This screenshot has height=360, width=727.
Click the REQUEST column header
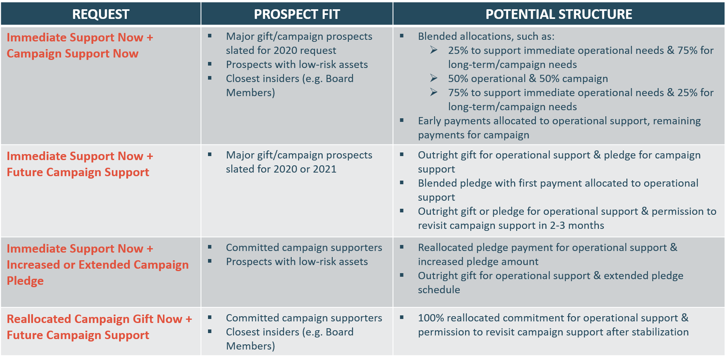[x=101, y=14]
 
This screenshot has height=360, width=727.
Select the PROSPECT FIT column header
[x=297, y=14]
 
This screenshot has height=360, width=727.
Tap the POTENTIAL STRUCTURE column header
[x=559, y=14]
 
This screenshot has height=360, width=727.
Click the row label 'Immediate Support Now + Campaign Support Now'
[x=80, y=45]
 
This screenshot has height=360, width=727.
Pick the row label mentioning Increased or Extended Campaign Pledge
[x=98, y=265]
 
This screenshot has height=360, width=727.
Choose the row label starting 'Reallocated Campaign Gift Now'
[x=99, y=327]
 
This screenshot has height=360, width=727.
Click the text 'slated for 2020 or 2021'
[x=281, y=169]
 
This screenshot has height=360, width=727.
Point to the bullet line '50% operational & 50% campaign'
[x=528, y=79]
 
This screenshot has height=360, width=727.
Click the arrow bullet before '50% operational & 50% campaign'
[x=434, y=78]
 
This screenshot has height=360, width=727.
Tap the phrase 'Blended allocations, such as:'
[x=486, y=37]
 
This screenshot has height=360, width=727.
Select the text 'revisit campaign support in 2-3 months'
[x=511, y=226]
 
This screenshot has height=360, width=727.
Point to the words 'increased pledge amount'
[x=478, y=262]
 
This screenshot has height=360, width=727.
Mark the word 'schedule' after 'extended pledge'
[x=439, y=290]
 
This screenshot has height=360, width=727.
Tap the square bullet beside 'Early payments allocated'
[x=402, y=120]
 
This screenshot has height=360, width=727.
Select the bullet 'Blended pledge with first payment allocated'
[x=558, y=190]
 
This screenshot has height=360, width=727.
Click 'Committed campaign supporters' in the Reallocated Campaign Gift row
[x=304, y=318]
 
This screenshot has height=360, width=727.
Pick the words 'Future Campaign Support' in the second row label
[x=78, y=173]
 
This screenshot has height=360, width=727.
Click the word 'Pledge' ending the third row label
[x=25, y=281]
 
